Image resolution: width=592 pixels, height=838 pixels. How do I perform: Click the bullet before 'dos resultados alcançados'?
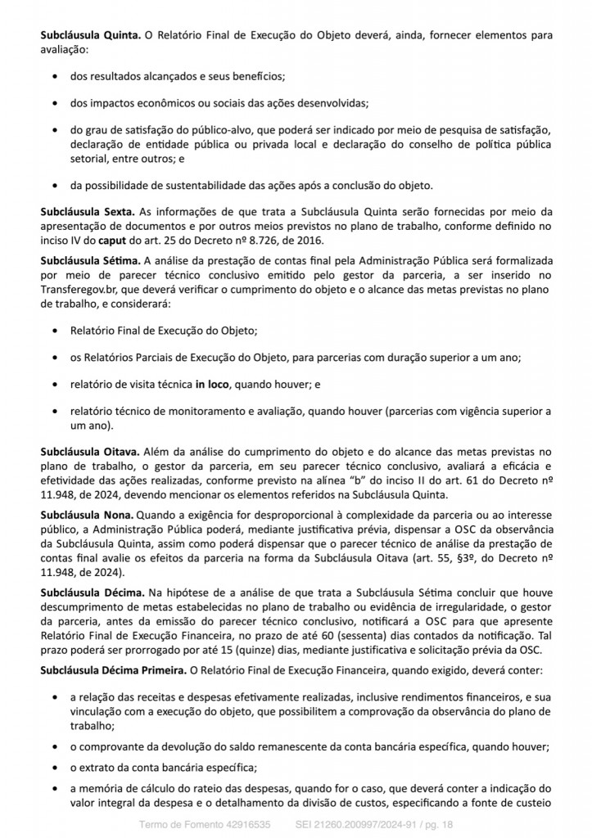click(x=54, y=76)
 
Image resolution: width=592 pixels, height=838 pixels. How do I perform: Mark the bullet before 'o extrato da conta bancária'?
click(x=54, y=766)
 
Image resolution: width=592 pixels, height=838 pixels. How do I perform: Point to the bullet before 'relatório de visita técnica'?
click(x=54, y=383)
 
